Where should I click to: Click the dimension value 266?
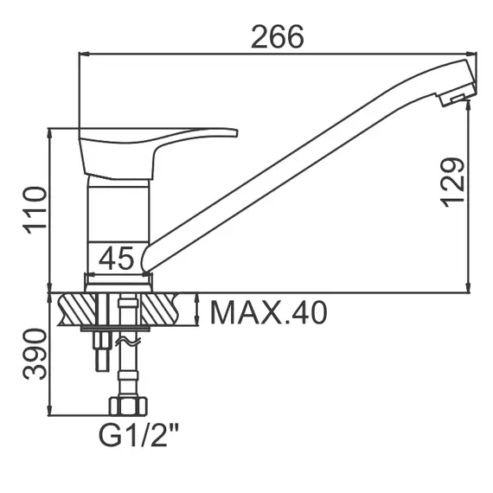[278, 36]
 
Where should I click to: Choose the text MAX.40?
[269, 312]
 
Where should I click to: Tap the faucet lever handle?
[156, 144]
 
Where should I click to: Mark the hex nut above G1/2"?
[126, 406]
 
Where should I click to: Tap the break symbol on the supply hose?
[127, 343]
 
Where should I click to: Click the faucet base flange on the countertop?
[118, 281]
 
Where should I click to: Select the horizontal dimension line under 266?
[278, 54]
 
